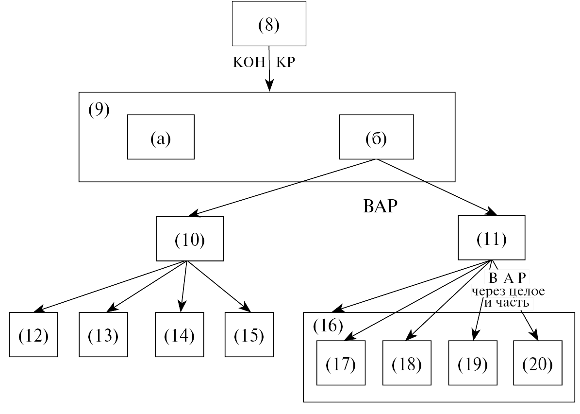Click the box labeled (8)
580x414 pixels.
tap(269, 24)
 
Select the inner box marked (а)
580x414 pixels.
tap(161, 137)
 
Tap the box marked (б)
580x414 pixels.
tap(376, 137)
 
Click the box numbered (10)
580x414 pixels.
tap(190, 239)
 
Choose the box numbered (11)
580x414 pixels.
tap(492, 238)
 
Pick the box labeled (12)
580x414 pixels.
tap(33, 335)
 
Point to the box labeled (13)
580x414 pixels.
tap(103, 335)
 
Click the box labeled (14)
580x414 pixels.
tap(180, 335)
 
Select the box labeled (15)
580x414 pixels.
tap(249, 335)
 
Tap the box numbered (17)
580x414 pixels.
tap(341, 363)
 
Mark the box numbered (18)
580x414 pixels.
tap(407, 363)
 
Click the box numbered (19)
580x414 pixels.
tap(473, 363)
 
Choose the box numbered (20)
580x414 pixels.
tap(538, 363)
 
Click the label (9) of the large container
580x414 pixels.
tap(99, 110)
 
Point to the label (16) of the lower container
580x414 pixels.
tap(328, 326)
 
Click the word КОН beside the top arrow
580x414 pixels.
tap(249, 62)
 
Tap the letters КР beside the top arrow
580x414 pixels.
tap(285, 62)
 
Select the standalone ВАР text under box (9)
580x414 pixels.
tap(380, 206)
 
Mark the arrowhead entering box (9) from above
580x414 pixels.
tap(270, 87)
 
